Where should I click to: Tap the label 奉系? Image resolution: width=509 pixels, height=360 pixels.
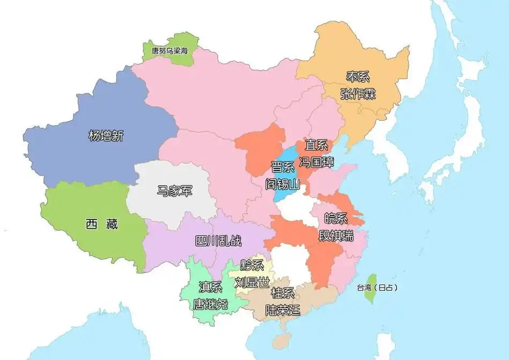(x=357, y=77)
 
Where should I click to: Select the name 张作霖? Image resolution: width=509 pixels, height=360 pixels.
(x=358, y=94)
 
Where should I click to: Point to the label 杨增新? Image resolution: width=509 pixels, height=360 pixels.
(x=106, y=136)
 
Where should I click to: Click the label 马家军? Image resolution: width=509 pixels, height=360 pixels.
(x=175, y=190)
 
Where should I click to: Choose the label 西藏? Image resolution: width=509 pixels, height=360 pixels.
(x=101, y=224)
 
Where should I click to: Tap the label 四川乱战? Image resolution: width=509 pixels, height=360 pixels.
(x=218, y=241)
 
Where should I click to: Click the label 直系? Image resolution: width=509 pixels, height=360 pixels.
(x=316, y=145)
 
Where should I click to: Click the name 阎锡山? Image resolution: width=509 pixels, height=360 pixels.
(x=283, y=184)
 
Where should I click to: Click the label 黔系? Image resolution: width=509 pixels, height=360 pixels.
(x=252, y=265)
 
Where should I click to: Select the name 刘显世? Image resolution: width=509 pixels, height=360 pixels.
(x=252, y=282)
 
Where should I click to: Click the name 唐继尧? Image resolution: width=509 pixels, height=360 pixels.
(x=210, y=304)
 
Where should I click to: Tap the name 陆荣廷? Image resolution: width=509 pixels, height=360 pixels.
(x=283, y=310)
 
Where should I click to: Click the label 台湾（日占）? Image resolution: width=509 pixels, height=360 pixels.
(x=377, y=288)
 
